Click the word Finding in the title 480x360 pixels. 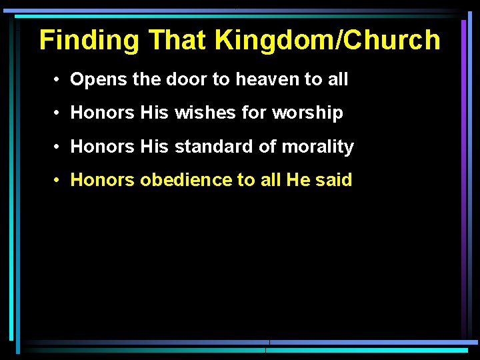coord(89,41)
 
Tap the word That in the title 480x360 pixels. coord(177,41)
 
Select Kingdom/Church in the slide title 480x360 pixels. coord(327,41)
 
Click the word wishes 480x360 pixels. coord(205,113)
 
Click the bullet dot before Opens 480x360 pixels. coord(59,80)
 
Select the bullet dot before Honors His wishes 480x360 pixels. coord(59,113)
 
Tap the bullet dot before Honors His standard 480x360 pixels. coord(59,147)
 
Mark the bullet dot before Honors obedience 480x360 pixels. coord(59,180)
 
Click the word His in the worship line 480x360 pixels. coord(155,113)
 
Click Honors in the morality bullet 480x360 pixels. coord(103,147)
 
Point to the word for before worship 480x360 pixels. coord(254,113)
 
